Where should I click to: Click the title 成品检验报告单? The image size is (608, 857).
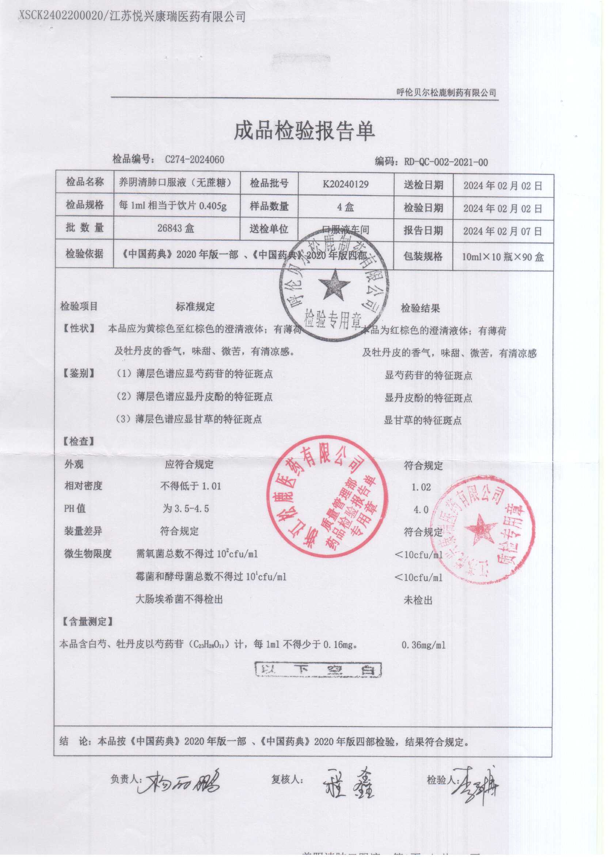304,132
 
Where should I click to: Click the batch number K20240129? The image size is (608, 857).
346,184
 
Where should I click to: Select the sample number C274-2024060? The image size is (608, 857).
194,160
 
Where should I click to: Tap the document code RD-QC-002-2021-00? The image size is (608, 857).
445,162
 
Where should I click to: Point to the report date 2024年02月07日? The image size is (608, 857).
502,231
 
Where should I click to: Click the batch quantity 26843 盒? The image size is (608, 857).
176,228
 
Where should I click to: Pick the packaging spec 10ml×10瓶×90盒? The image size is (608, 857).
502,257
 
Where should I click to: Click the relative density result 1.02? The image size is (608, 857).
421,487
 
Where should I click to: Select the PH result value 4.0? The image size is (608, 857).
421,510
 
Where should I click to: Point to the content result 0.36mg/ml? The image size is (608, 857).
423,645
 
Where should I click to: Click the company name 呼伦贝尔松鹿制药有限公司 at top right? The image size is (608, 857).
446,93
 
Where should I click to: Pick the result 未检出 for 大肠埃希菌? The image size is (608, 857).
418,600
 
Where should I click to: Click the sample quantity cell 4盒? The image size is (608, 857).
345,207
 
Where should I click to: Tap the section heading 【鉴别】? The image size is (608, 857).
79,373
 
